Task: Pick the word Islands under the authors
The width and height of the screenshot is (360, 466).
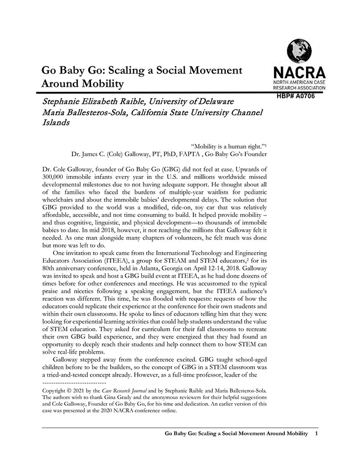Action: [56, 123]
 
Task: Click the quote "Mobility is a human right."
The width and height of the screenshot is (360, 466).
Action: [225, 146]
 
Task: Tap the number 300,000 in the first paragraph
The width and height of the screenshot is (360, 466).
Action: [57, 176]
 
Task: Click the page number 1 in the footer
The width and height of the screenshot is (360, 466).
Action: [316, 435]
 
